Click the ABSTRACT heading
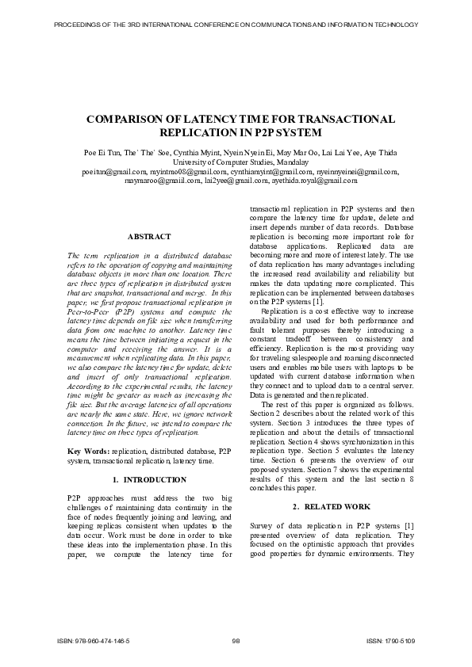click(x=149, y=237)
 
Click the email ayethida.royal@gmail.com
click(x=312, y=181)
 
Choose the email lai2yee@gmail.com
click(x=230, y=181)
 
